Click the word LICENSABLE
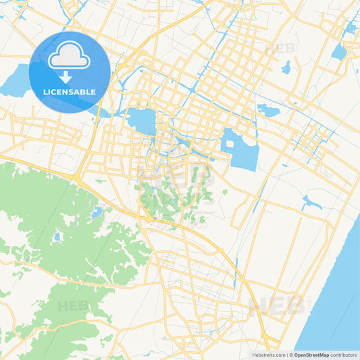(69, 92)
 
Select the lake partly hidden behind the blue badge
(16, 83)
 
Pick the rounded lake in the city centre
(142, 121)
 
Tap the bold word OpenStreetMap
(311, 355)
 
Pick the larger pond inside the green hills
(97, 213)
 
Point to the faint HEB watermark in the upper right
(280, 49)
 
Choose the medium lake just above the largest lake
(268, 111)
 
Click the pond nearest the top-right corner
(349, 29)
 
